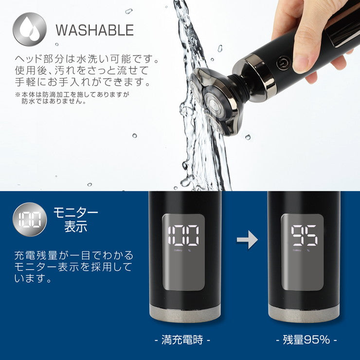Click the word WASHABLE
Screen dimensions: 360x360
tap(94, 30)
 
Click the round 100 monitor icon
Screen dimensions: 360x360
tap(30, 219)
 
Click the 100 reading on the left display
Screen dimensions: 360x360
tap(183, 235)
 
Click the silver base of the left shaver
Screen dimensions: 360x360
tap(185, 314)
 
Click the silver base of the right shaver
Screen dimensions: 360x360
tap(304, 314)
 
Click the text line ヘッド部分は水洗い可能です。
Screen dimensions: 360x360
tap(87, 60)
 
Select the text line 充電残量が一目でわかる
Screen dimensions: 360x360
tap(73, 255)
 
